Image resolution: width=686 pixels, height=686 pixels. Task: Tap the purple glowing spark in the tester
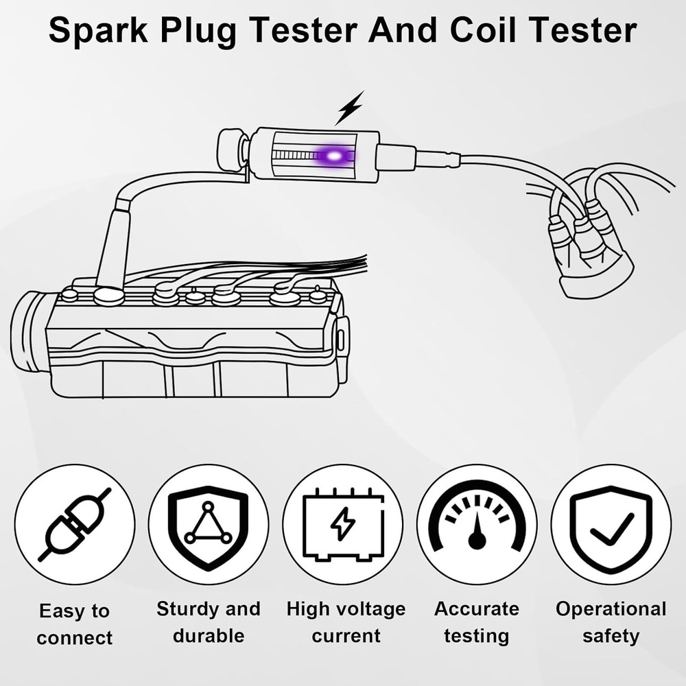335,157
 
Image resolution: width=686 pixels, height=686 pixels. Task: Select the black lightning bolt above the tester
350,108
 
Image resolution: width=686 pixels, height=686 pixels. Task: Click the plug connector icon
75,524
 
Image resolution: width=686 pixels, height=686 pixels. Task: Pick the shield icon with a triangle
209,524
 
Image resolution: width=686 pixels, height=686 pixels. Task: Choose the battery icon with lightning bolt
343,524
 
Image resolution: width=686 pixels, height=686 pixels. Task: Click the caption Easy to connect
75,624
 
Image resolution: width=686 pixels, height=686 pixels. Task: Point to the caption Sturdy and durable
209,622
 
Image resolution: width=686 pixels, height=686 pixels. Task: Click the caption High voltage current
346,622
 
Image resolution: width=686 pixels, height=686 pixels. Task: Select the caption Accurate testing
477,622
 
